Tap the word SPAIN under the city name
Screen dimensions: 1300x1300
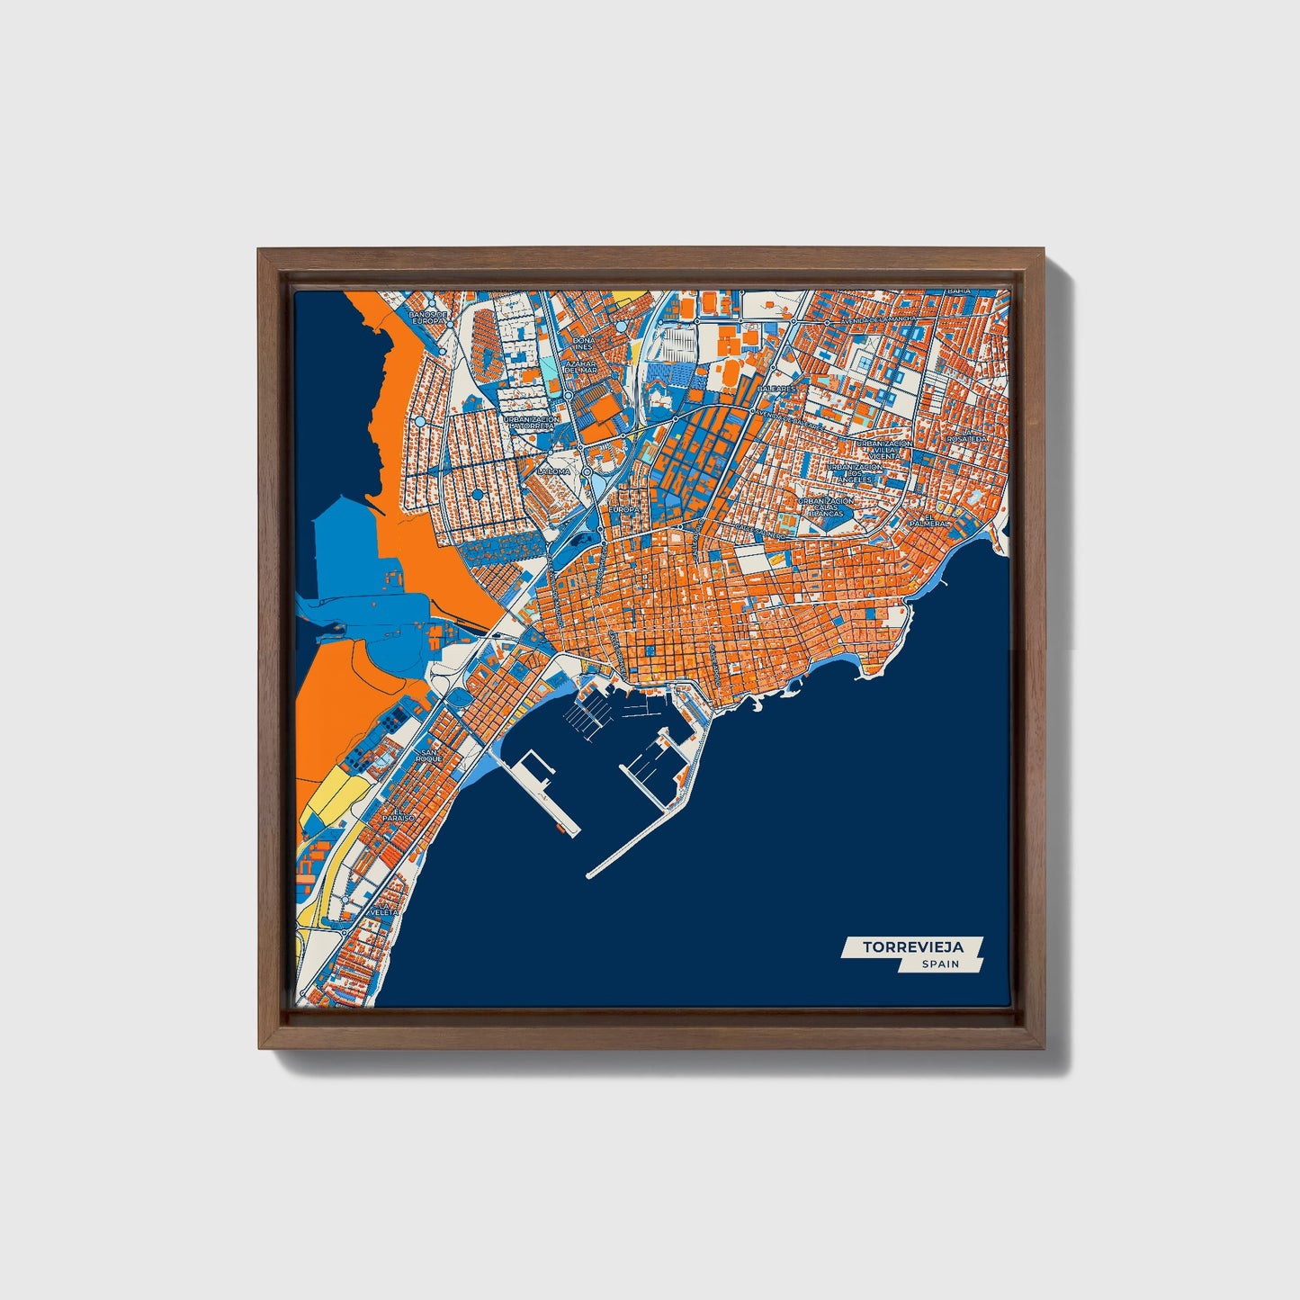pyautogui.click(x=940, y=964)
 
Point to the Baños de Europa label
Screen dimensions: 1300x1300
pyautogui.click(x=427, y=318)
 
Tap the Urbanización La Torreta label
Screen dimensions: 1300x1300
pyautogui.click(x=532, y=423)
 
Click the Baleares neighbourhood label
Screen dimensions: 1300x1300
pyautogui.click(x=776, y=389)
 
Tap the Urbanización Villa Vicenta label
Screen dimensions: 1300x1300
pyautogui.click(x=884, y=450)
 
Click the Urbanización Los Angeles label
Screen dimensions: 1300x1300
pyautogui.click(x=856, y=473)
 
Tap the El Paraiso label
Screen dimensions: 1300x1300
pyautogui.click(x=397, y=814)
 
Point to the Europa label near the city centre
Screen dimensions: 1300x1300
pyautogui.click(x=623, y=509)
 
